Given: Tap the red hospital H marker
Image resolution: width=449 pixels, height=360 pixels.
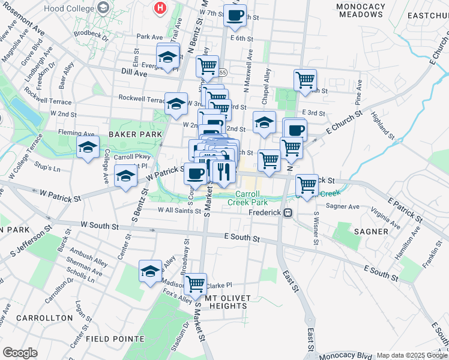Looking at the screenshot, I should click(x=160, y=8).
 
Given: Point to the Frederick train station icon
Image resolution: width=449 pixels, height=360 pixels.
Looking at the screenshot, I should click(x=289, y=212).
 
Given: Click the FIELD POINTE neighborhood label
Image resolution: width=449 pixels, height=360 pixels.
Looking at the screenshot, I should click(x=114, y=338).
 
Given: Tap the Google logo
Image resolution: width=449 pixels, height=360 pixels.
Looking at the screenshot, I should click(x=20, y=352).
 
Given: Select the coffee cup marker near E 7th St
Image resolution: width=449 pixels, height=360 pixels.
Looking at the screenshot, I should click(x=235, y=14).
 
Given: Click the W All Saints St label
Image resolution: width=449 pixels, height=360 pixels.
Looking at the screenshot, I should click(x=179, y=210).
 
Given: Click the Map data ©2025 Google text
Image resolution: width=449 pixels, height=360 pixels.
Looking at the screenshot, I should click(x=411, y=355).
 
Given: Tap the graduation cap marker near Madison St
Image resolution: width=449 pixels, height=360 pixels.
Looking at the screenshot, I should click(x=150, y=270).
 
